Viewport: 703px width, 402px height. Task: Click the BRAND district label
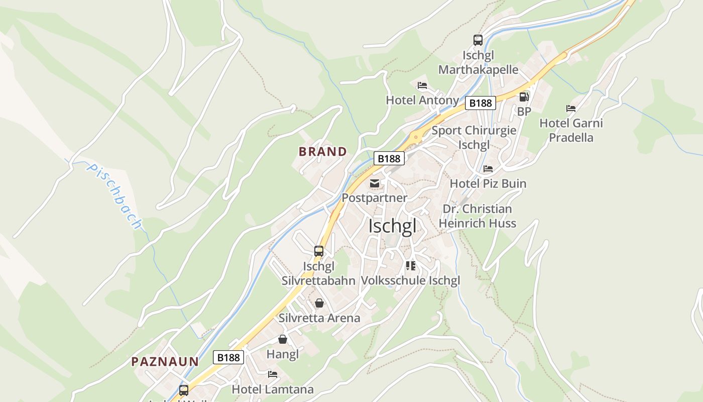coord(323,151)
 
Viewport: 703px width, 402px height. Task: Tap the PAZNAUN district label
coord(165,361)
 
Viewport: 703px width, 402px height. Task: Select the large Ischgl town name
coord(392,226)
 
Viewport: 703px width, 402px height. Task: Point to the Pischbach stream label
coord(114,195)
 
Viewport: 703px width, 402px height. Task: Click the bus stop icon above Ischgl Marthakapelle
coord(478,40)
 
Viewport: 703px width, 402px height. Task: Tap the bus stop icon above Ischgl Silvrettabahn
coord(319,251)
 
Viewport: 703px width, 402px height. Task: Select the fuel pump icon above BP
coord(524,96)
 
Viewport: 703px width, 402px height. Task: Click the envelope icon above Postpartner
coord(375,183)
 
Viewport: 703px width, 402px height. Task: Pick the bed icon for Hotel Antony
coord(422,85)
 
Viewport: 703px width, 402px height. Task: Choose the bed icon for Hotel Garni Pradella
coord(570,109)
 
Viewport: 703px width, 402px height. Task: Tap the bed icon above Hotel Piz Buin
coord(488,169)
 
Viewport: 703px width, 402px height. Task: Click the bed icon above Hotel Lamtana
coord(273,374)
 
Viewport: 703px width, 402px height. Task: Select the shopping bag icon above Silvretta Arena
coord(319,303)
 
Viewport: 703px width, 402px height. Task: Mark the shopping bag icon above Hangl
coord(283,340)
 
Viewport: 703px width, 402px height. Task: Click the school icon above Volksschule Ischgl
coord(411,265)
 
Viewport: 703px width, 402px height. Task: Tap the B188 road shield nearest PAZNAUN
coord(228,357)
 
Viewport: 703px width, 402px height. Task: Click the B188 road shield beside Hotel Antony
coord(480,103)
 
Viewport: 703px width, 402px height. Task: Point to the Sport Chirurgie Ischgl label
coord(474,137)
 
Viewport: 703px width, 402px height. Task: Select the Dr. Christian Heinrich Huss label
coord(477,216)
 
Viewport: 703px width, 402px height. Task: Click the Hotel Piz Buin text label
coord(488,183)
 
